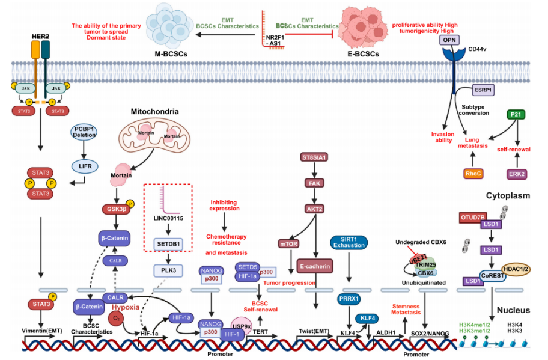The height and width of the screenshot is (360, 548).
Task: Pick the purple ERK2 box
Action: coord(515,173)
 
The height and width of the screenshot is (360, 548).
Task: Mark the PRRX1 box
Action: coord(349,298)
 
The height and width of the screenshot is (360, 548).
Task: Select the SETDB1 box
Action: coord(168,242)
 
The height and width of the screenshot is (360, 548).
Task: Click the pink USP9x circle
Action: coord(242,325)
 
